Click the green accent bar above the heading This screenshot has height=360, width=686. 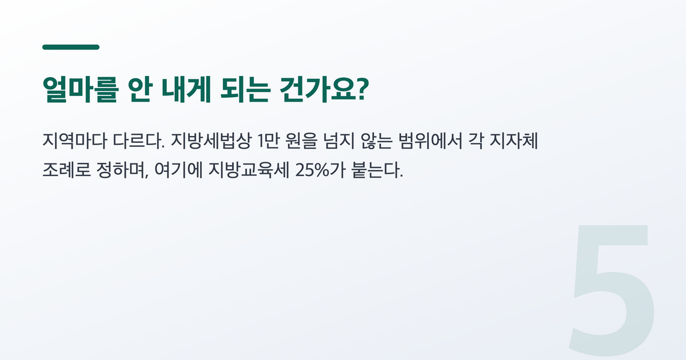(x=71, y=47)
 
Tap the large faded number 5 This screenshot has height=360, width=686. (x=612, y=290)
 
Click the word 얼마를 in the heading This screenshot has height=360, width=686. (x=80, y=89)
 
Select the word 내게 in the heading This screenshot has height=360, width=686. (x=186, y=89)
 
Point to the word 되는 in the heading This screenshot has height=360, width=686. (x=246, y=89)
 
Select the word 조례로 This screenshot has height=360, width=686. (x=66, y=170)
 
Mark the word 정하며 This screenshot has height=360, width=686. (x=121, y=170)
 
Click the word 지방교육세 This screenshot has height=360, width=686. (x=249, y=170)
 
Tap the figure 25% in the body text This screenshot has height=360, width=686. (x=312, y=170)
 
